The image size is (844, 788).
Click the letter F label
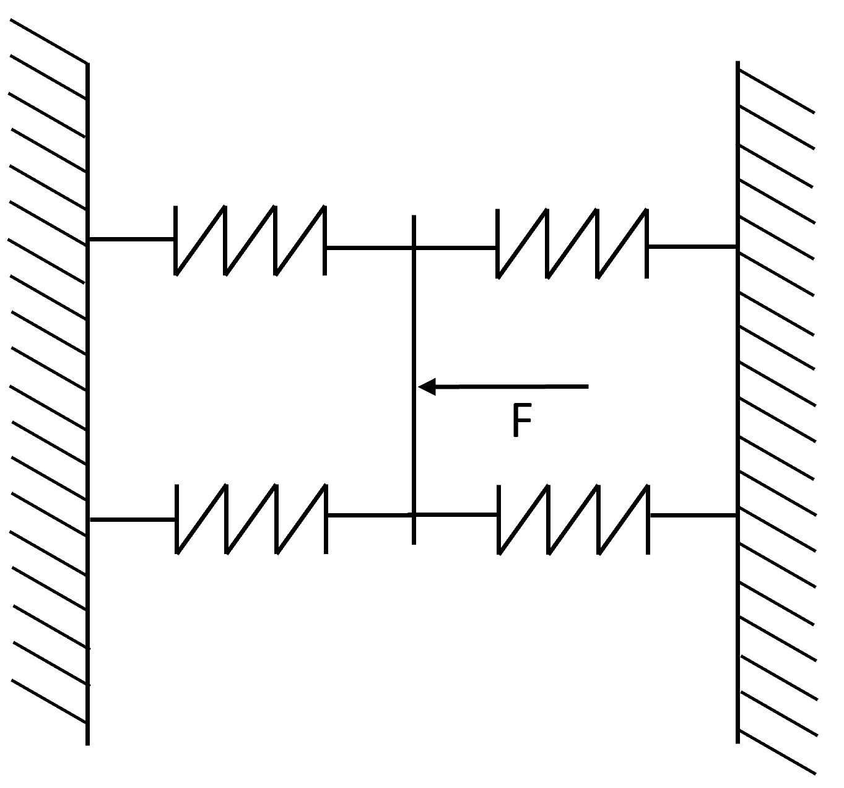(522, 420)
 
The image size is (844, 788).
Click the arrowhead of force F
(427, 387)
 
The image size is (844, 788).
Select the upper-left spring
(250, 241)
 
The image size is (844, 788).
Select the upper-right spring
(572, 243)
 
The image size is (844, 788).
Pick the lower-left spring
(251, 519)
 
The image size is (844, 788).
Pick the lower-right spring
(573, 520)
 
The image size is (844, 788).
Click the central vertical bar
(414, 379)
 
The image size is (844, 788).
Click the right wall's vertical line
(737, 402)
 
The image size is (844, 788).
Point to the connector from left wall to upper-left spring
(131, 240)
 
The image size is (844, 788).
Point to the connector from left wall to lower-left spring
(133, 519)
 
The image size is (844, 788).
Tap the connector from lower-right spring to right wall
(693, 516)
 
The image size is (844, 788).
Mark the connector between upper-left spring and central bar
(369, 247)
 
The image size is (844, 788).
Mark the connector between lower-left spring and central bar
(370, 515)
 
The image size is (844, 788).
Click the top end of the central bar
(414, 215)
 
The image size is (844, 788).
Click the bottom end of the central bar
(414, 544)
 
